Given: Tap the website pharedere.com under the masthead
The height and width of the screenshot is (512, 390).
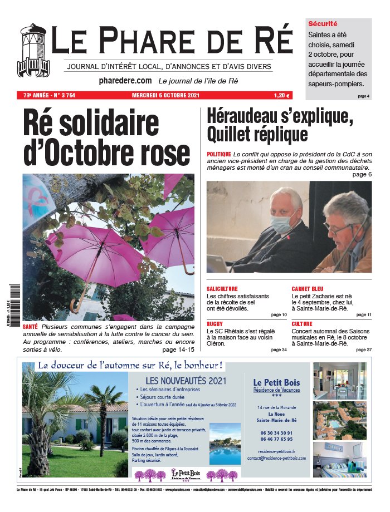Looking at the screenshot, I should (x=125, y=81).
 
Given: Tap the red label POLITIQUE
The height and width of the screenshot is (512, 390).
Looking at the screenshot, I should (x=218, y=153).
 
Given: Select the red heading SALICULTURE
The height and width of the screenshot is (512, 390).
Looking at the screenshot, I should (x=222, y=289).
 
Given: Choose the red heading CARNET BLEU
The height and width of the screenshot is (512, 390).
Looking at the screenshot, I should (x=307, y=289).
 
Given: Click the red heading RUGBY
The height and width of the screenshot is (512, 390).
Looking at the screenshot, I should (x=214, y=323).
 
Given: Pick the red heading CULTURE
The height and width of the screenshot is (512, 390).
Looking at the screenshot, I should (x=301, y=323).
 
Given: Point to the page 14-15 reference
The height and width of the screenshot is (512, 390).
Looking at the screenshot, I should (x=178, y=350).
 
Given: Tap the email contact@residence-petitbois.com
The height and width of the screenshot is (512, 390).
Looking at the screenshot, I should (x=277, y=458).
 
